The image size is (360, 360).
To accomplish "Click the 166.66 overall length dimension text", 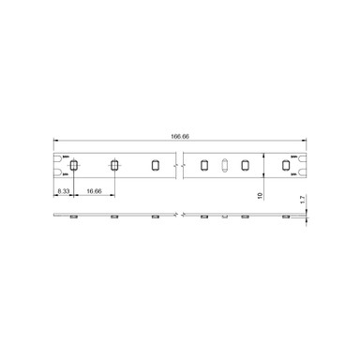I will click(x=181, y=137).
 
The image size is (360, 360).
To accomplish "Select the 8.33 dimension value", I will click(x=63, y=190).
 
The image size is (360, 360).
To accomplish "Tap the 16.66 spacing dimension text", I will click(x=94, y=190).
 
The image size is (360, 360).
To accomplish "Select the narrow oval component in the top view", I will click(x=225, y=166).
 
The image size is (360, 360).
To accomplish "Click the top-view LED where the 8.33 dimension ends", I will click(x=72, y=166).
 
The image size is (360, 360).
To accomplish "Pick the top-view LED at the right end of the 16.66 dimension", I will click(x=113, y=166).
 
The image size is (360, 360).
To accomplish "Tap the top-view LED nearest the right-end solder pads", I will click(x=285, y=166).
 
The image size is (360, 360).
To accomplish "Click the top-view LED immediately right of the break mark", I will click(x=204, y=166).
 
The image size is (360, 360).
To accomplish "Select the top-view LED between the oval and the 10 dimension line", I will click(x=245, y=166).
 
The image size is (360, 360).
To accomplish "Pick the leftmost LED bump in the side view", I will click(x=72, y=216).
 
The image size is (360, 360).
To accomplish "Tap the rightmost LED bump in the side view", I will click(x=285, y=216).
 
